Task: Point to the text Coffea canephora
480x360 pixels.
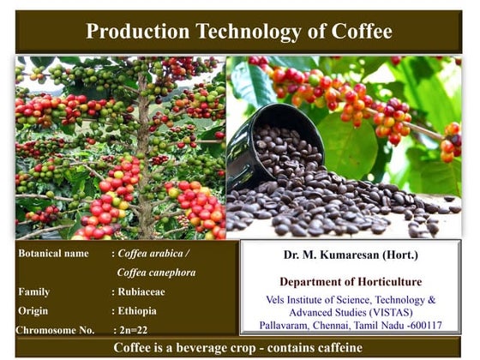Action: tap(156, 273)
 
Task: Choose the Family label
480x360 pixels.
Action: tap(34, 291)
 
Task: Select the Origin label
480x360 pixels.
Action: tap(33, 310)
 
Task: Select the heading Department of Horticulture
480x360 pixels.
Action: tap(350, 281)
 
